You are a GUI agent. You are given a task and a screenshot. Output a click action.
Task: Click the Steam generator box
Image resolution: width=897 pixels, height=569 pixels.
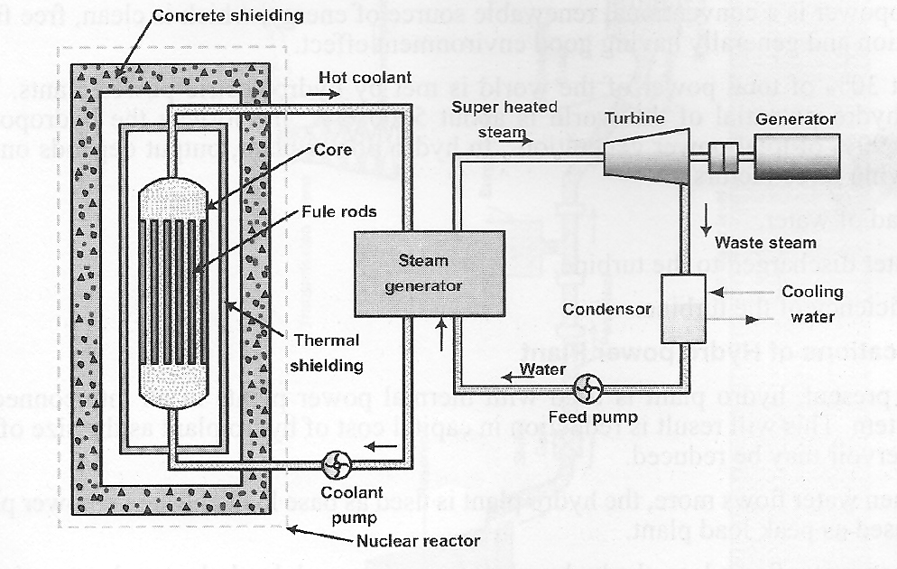(x=430, y=274)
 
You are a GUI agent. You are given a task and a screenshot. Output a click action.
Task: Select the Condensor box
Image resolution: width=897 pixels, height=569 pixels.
(x=687, y=308)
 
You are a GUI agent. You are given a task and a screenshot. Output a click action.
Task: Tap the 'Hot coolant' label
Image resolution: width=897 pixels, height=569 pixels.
(x=371, y=78)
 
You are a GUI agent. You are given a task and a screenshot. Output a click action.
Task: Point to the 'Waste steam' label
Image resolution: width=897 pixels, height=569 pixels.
(x=765, y=242)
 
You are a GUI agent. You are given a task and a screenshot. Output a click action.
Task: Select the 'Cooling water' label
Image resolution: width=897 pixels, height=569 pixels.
(x=812, y=303)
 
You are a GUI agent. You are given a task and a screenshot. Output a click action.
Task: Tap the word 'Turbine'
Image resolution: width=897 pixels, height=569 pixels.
(x=634, y=118)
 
